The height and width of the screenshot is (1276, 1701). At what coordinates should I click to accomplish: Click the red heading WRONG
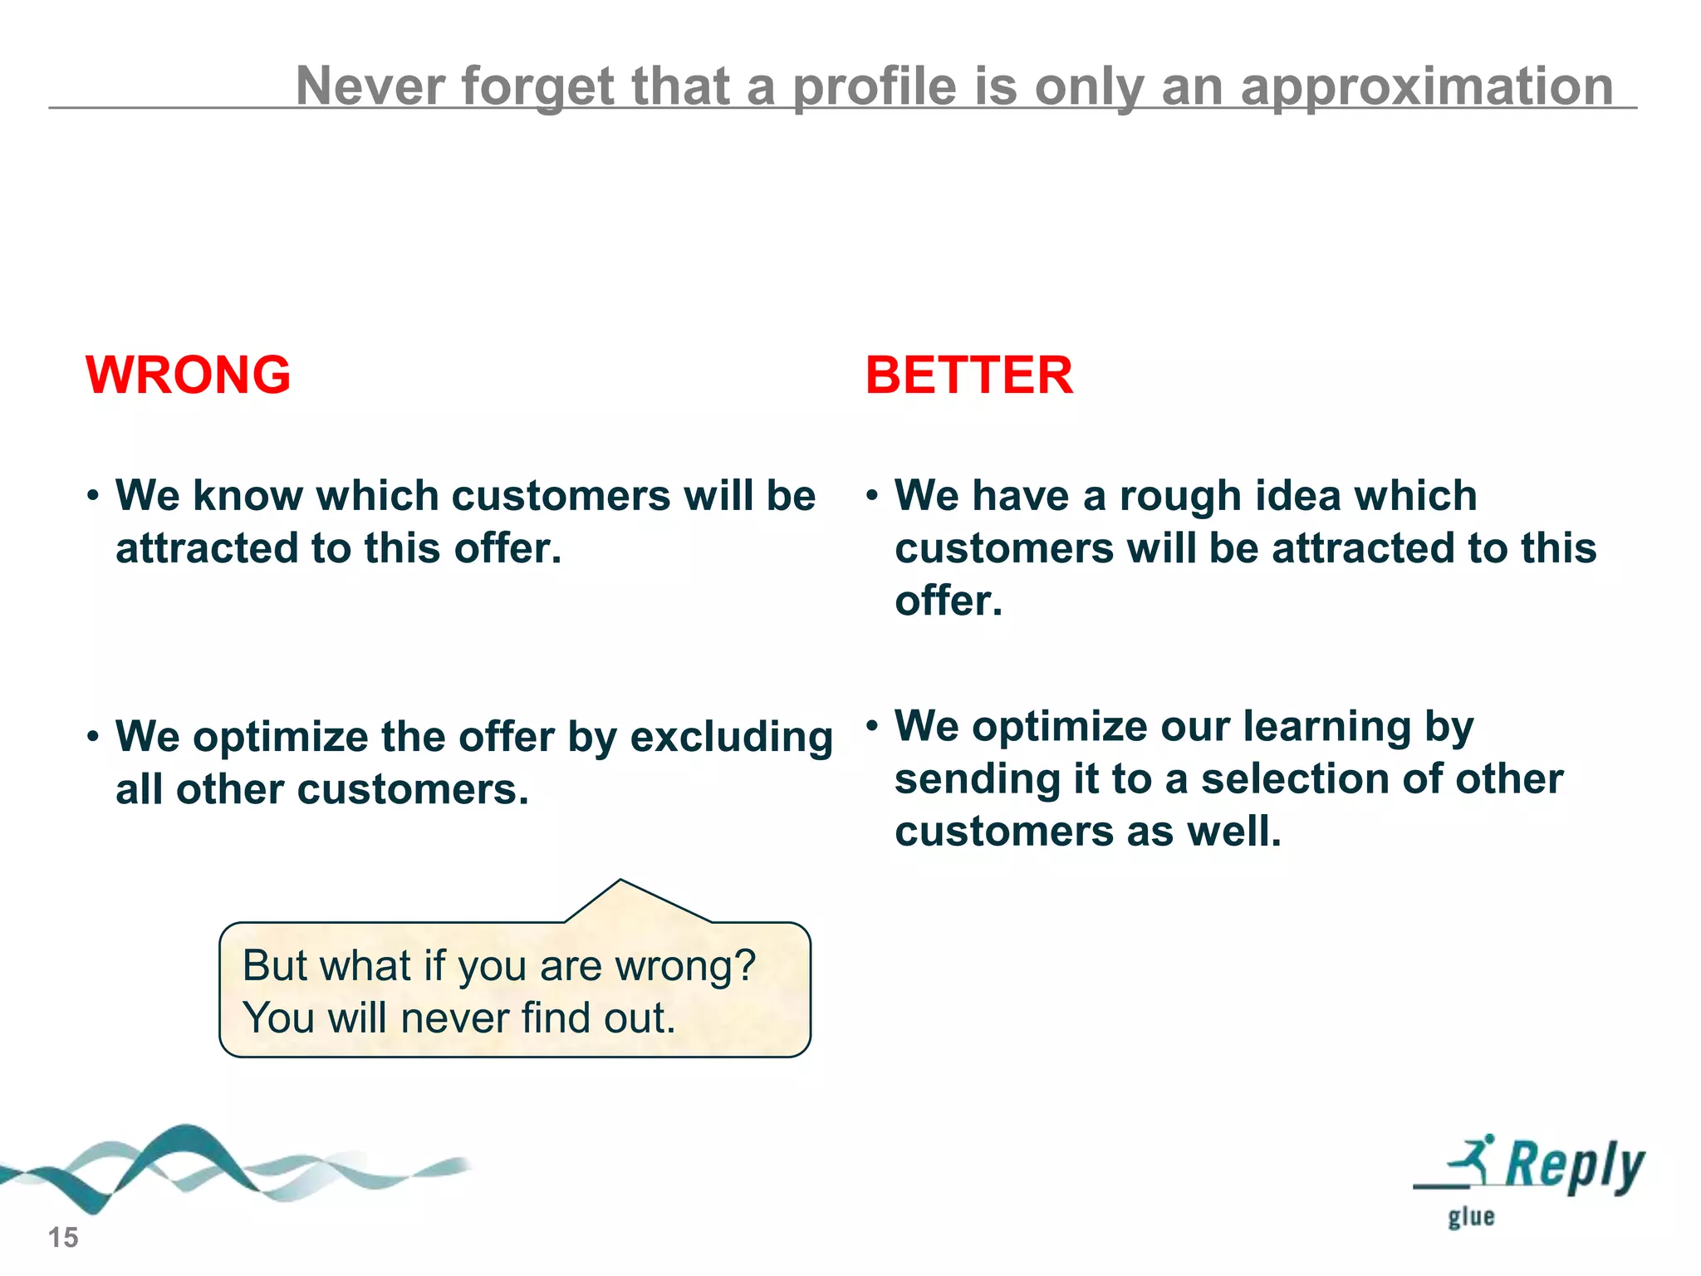point(189,375)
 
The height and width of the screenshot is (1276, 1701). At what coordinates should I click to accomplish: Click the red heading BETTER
point(968,375)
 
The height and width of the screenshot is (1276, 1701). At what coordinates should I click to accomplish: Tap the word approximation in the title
point(1426,86)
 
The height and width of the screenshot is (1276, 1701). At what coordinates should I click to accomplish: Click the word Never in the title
point(371,86)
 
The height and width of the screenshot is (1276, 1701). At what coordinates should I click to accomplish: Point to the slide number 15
point(63,1237)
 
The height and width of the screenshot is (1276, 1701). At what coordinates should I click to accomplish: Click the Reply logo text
point(1574,1166)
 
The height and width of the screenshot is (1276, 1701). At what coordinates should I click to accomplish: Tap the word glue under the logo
point(1471,1217)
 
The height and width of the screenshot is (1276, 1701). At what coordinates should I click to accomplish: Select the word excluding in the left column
point(731,737)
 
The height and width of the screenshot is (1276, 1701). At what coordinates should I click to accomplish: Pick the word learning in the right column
point(1326,727)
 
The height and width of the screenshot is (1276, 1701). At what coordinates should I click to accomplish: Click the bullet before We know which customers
point(93,496)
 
